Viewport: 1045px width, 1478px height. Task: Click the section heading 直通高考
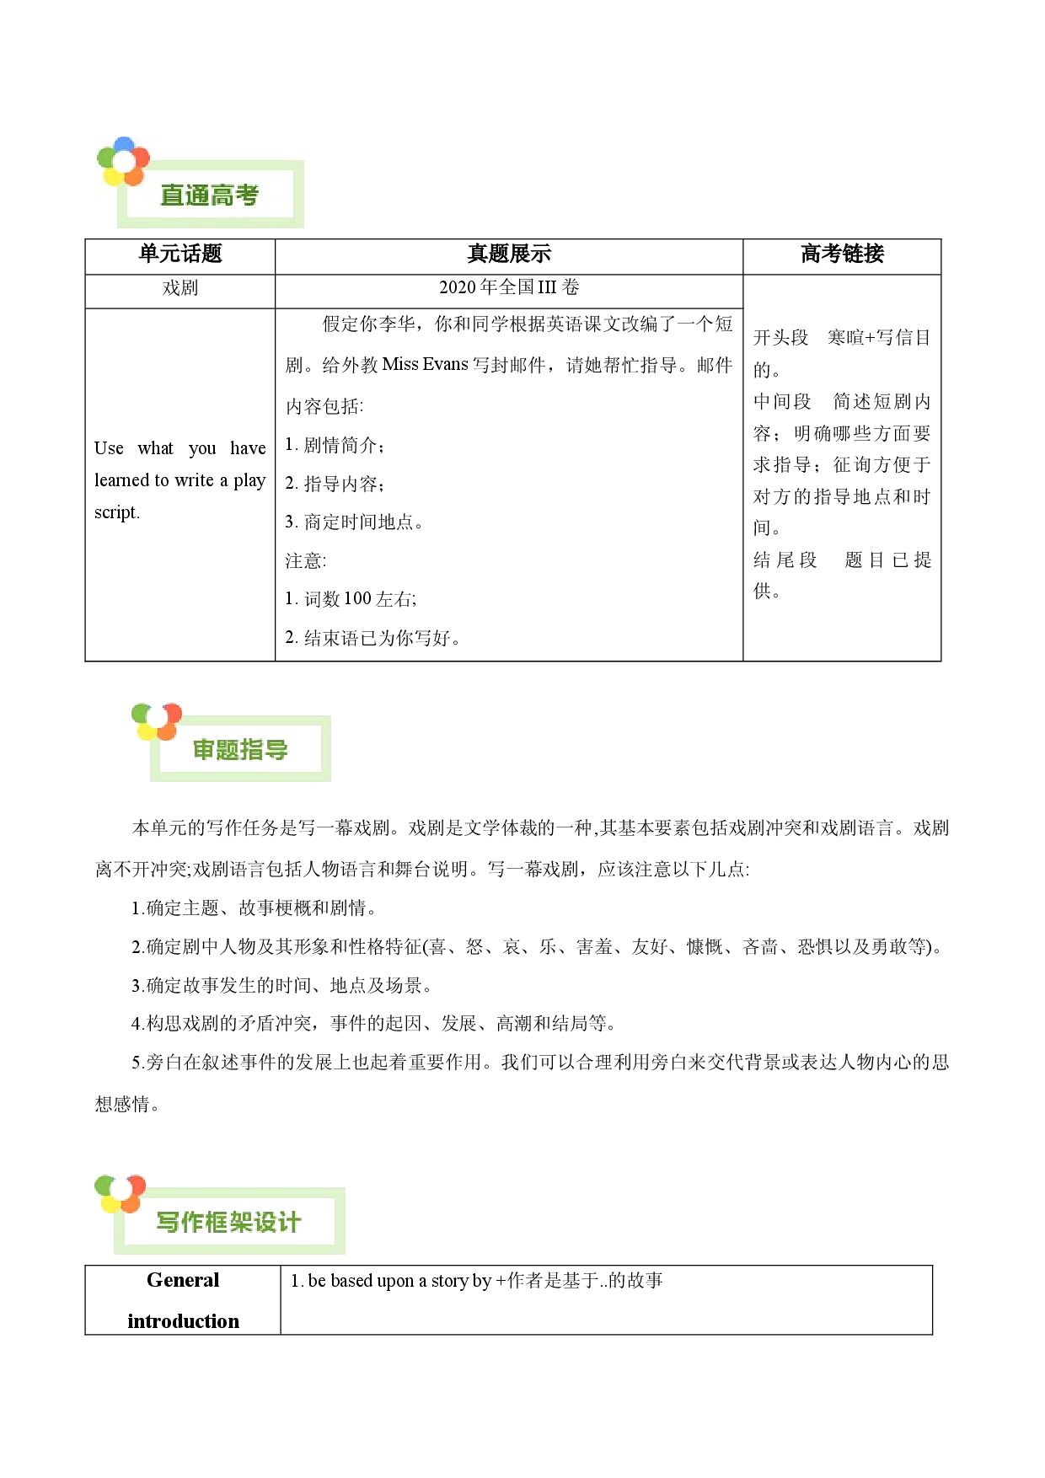209,195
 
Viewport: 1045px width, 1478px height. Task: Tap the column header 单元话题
180,254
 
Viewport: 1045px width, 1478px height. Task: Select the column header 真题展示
509,254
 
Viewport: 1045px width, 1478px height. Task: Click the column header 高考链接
842,254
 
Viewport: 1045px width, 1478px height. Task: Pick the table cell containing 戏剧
180,288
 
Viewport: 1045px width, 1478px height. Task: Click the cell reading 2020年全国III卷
509,287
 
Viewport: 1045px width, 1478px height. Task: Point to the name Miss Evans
425,364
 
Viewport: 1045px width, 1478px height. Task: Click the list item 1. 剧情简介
335,445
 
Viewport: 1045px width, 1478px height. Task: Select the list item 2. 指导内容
335,484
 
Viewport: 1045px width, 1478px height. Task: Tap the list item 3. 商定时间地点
354,522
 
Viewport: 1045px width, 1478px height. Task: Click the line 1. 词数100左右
351,599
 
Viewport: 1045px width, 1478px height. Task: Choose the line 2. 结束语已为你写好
372,638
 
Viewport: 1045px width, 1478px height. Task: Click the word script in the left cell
117,512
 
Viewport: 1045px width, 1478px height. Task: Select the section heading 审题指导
240,750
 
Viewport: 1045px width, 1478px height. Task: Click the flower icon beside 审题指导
157,721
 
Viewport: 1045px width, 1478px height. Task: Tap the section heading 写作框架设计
228,1223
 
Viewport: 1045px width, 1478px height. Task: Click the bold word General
183,1280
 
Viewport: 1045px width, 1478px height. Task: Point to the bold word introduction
183,1321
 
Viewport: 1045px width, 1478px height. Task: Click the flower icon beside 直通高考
123,161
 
